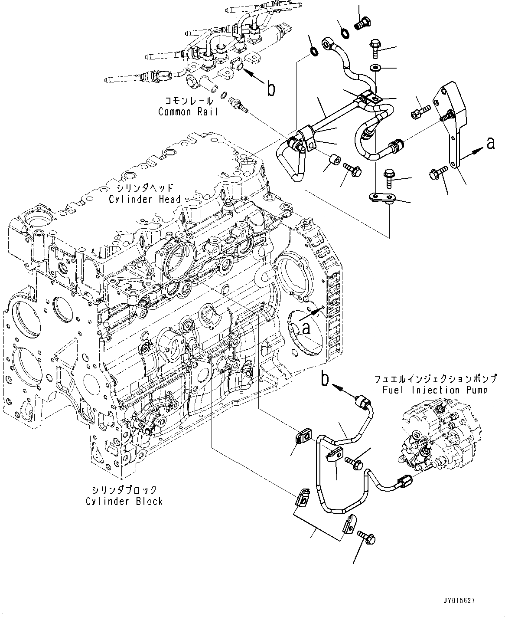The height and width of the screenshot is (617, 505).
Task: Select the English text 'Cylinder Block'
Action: (124, 501)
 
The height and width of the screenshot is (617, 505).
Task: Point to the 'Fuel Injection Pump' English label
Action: (434, 390)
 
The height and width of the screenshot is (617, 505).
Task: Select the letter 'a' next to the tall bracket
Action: (490, 143)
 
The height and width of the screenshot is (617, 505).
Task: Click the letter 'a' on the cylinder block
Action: (306, 329)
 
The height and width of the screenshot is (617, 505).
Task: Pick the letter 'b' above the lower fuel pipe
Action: (325, 379)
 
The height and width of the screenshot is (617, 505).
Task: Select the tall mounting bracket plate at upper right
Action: (453, 126)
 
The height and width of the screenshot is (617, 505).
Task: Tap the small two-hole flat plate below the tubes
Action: (379, 198)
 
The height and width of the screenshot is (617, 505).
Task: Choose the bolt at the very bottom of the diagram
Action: (368, 538)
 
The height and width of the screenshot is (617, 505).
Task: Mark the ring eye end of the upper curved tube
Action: (328, 43)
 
